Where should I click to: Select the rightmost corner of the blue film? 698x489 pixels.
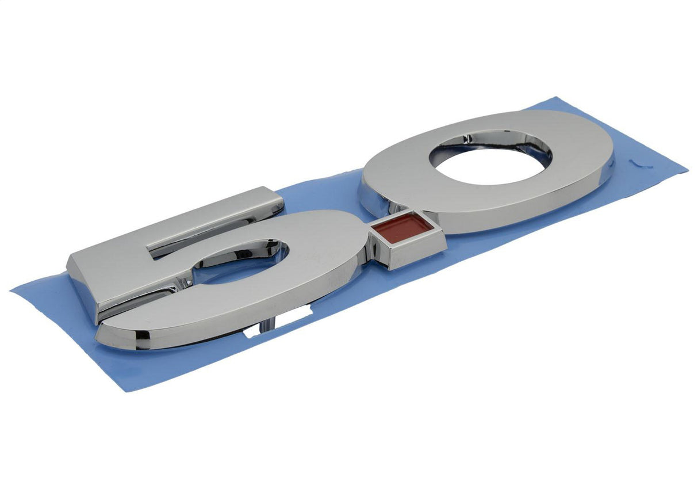pos(686,171)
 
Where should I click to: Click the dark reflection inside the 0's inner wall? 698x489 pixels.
pos(489,138)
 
